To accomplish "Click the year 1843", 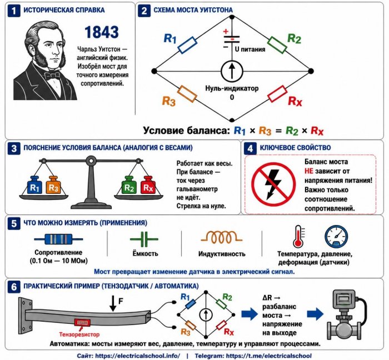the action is click(x=102, y=32).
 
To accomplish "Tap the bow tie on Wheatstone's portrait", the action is click(x=52, y=75).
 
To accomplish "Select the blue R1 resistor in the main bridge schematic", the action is click(x=188, y=45).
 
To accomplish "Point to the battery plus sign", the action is click(x=226, y=32).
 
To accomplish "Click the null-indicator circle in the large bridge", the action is click(x=232, y=71).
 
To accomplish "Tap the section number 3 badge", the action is click(x=14, y=148).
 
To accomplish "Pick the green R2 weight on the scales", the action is click(x=129, y=185).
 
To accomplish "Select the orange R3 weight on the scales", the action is click(x=53, y=185).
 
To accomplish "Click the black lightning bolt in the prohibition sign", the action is click(x=273, y=184).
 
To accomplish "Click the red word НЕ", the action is click(x=309, y=171).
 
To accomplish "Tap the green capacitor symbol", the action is click(x=144, y=239).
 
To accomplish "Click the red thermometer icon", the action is click(x=298, y=237).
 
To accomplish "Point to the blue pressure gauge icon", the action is click(x=336, y=237).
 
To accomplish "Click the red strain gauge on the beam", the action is click(x=82, y=323).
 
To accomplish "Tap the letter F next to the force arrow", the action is click(x=121, y=301).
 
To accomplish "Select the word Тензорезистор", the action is click(x=79, y=334).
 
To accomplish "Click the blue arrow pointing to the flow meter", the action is click(x=315, y=314).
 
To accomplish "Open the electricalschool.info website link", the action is click(x=138, y=356).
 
